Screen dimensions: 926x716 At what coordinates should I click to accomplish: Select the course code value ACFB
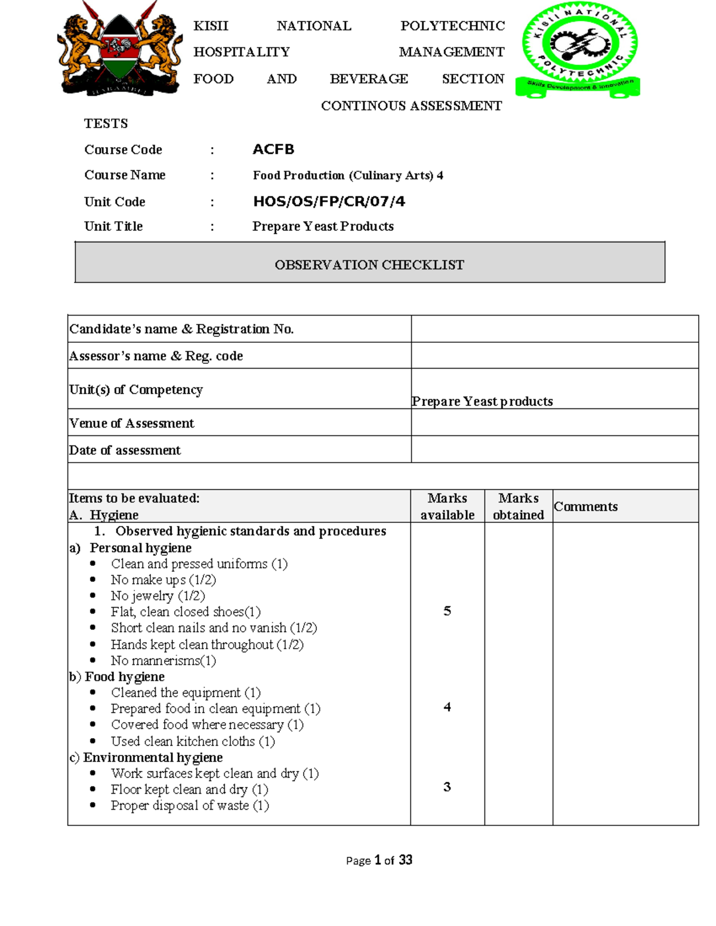pos(273,149)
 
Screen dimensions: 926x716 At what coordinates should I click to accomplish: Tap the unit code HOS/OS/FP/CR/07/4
pos(329,202)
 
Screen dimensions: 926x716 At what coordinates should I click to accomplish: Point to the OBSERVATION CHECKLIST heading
pos(369,265)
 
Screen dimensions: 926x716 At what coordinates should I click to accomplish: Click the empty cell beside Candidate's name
pos(554,329)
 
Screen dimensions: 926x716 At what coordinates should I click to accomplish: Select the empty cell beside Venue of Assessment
pos(554,422)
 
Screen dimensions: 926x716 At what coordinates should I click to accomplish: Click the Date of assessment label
pos(125,450)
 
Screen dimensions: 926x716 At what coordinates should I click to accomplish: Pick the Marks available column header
pos(447,506)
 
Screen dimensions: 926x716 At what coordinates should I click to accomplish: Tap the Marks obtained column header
pos(518,506)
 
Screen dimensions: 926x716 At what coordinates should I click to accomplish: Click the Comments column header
pos(585,506)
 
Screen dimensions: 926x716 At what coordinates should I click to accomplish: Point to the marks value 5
pos(447,611)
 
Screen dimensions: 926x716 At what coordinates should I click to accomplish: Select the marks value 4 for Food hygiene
pos(447,707)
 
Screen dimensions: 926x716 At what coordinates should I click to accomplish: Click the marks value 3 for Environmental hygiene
pos(447,787)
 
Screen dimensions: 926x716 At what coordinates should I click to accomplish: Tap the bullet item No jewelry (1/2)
pos(158,596)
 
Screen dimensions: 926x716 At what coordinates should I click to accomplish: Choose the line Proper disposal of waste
pos(189,806)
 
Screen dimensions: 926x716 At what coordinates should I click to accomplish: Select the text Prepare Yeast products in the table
pos(482,401)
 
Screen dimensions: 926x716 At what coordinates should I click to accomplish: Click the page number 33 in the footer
pos(406,860)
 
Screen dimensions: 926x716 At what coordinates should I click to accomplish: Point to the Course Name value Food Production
pos(347,175)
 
